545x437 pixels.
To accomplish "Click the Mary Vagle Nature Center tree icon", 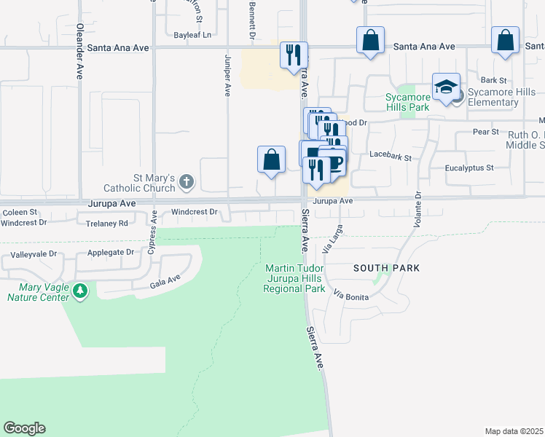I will [80, 291].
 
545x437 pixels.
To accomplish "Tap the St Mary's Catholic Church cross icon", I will [187, 182].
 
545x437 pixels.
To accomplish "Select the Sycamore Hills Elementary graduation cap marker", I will [446, 88].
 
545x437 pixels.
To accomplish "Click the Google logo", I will [24, 428].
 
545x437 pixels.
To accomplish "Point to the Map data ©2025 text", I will [514, 431].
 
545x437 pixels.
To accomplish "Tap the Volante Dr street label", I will [418, 209].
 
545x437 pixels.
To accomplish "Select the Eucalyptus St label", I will [469, 168].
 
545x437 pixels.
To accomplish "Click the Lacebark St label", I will [391, 157].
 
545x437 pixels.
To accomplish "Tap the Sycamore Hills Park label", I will [407, 102].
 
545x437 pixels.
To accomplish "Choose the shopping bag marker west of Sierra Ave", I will [271, 160].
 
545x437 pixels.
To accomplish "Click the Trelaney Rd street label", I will [107, 223].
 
